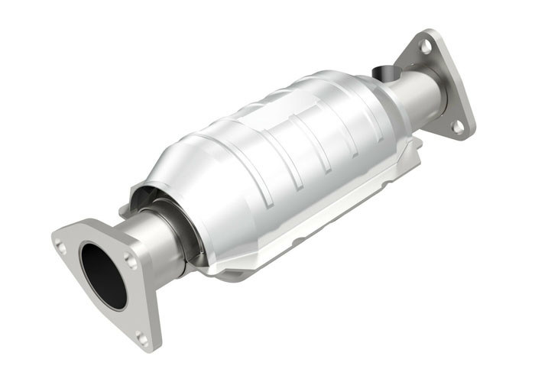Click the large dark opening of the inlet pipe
coord(102,274)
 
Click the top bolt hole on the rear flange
coord(426,47)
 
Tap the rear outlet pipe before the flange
coord(413,95)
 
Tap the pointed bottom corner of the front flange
coord(150,348)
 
